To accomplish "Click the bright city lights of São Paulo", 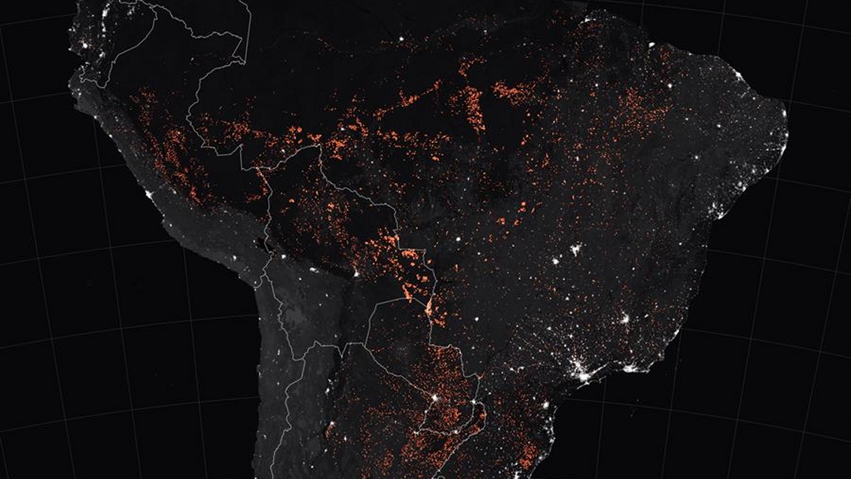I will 581,369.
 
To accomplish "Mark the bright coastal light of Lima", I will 151,197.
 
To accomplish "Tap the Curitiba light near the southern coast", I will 544,401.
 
